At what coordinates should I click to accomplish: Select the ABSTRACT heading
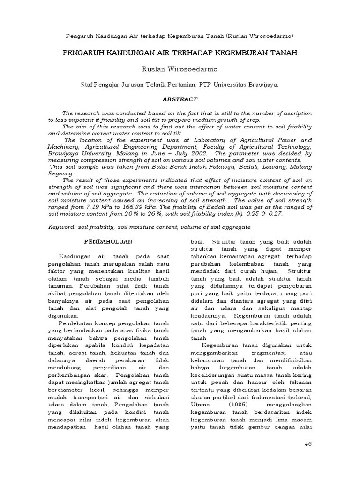point(180,99)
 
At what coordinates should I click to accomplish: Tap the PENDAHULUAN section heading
point(108,241)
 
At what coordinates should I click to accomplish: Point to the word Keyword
point(62,227)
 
